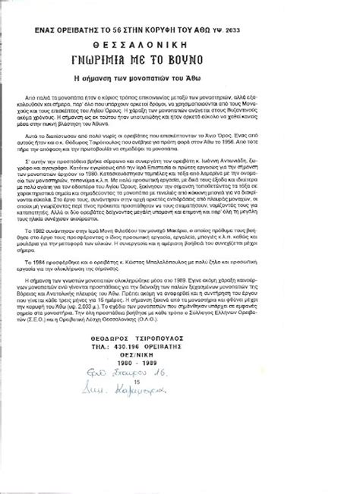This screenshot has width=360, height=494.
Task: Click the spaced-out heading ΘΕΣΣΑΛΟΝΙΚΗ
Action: pos(180,44)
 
